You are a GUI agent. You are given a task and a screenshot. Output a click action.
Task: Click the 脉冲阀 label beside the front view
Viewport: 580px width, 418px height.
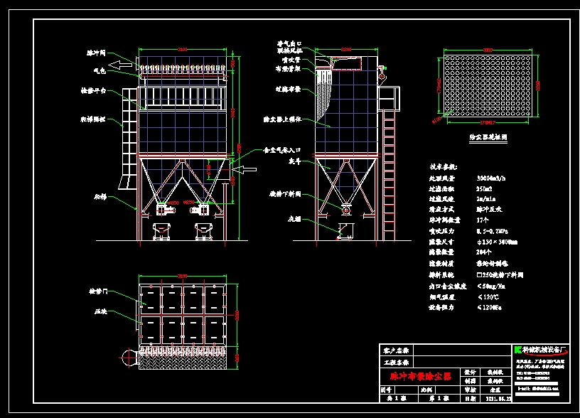coord(96,53)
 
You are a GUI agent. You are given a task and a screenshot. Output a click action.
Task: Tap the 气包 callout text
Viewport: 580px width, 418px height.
coord(99,70)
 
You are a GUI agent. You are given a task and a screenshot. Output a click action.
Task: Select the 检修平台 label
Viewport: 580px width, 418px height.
coord(94,90)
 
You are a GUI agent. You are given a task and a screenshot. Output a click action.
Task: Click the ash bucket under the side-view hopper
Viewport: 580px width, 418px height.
coord(346,230)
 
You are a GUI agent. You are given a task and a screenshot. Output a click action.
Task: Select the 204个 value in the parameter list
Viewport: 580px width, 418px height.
coord(484,252)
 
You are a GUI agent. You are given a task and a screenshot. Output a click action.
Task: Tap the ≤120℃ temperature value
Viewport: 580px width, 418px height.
coord(488,296)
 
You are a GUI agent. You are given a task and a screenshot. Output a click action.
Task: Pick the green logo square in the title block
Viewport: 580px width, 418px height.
coord(517,350)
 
